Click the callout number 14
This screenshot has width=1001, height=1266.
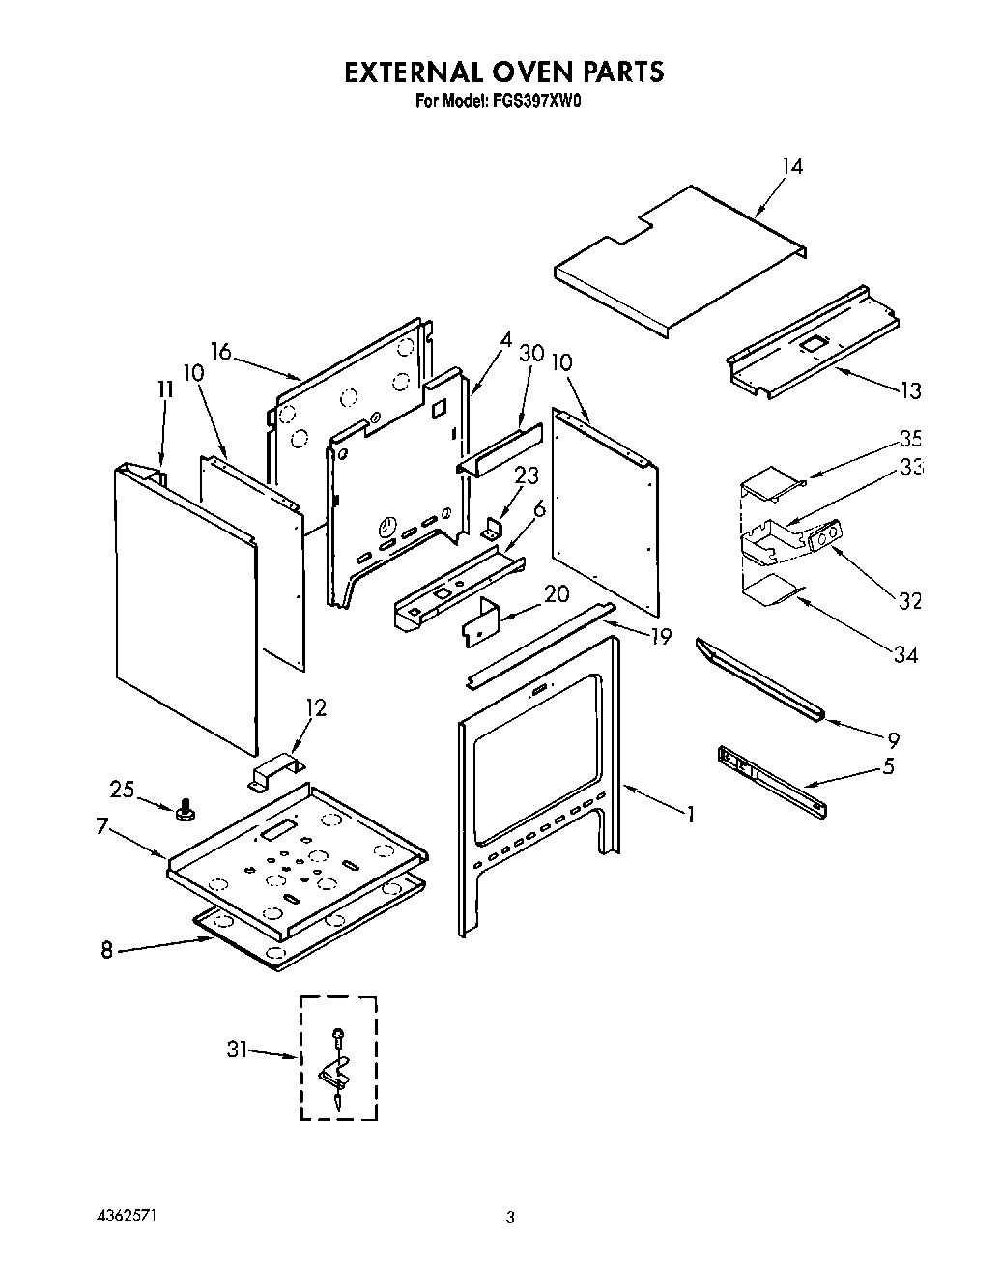click(791, 166)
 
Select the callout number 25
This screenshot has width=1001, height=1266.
click(122, 790)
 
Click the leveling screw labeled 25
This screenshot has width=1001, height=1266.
click(182, 809)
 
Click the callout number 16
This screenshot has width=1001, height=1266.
click(221, 351)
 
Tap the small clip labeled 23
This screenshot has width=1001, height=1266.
click(492, 528)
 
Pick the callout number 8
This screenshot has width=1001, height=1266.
click(107, 950)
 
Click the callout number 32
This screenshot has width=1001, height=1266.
click(909, 601)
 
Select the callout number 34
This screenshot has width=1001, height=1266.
click(905, 654)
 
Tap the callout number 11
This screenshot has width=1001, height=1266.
click(164, 389)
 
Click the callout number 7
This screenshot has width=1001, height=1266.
click(101, 826)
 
